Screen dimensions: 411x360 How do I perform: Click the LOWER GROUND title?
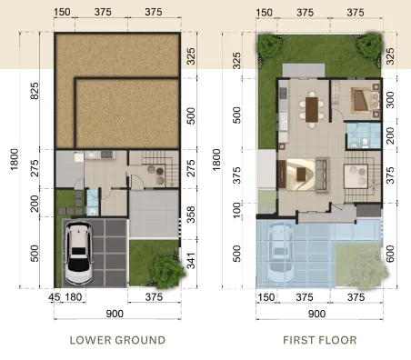point(117,340)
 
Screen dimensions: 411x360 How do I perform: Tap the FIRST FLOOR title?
point(320,340)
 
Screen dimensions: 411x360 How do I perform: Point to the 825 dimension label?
point(35,91)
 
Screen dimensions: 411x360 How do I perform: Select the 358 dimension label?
point(191,215)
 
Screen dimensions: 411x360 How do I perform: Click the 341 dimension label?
point(191,261)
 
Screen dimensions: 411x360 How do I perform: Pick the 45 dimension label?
point(55,297)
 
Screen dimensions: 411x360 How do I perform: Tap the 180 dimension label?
point(74,297)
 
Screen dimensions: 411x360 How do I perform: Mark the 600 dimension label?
point(390,254)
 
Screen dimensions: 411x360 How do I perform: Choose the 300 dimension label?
point(390,100)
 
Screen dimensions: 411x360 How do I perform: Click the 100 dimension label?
point(237,210)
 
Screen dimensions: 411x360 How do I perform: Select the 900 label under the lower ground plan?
point(115,314)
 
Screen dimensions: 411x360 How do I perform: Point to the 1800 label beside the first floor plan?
point(216,160)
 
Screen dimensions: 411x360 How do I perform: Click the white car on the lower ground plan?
point(78,253)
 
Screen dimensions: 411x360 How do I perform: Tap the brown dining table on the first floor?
point(312,109)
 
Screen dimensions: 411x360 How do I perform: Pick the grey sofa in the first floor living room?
point(323,175)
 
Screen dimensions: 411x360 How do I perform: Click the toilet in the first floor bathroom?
point(365,142)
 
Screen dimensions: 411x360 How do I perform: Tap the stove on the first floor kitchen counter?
point(283,94)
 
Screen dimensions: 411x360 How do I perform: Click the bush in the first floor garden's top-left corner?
point(268,45)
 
